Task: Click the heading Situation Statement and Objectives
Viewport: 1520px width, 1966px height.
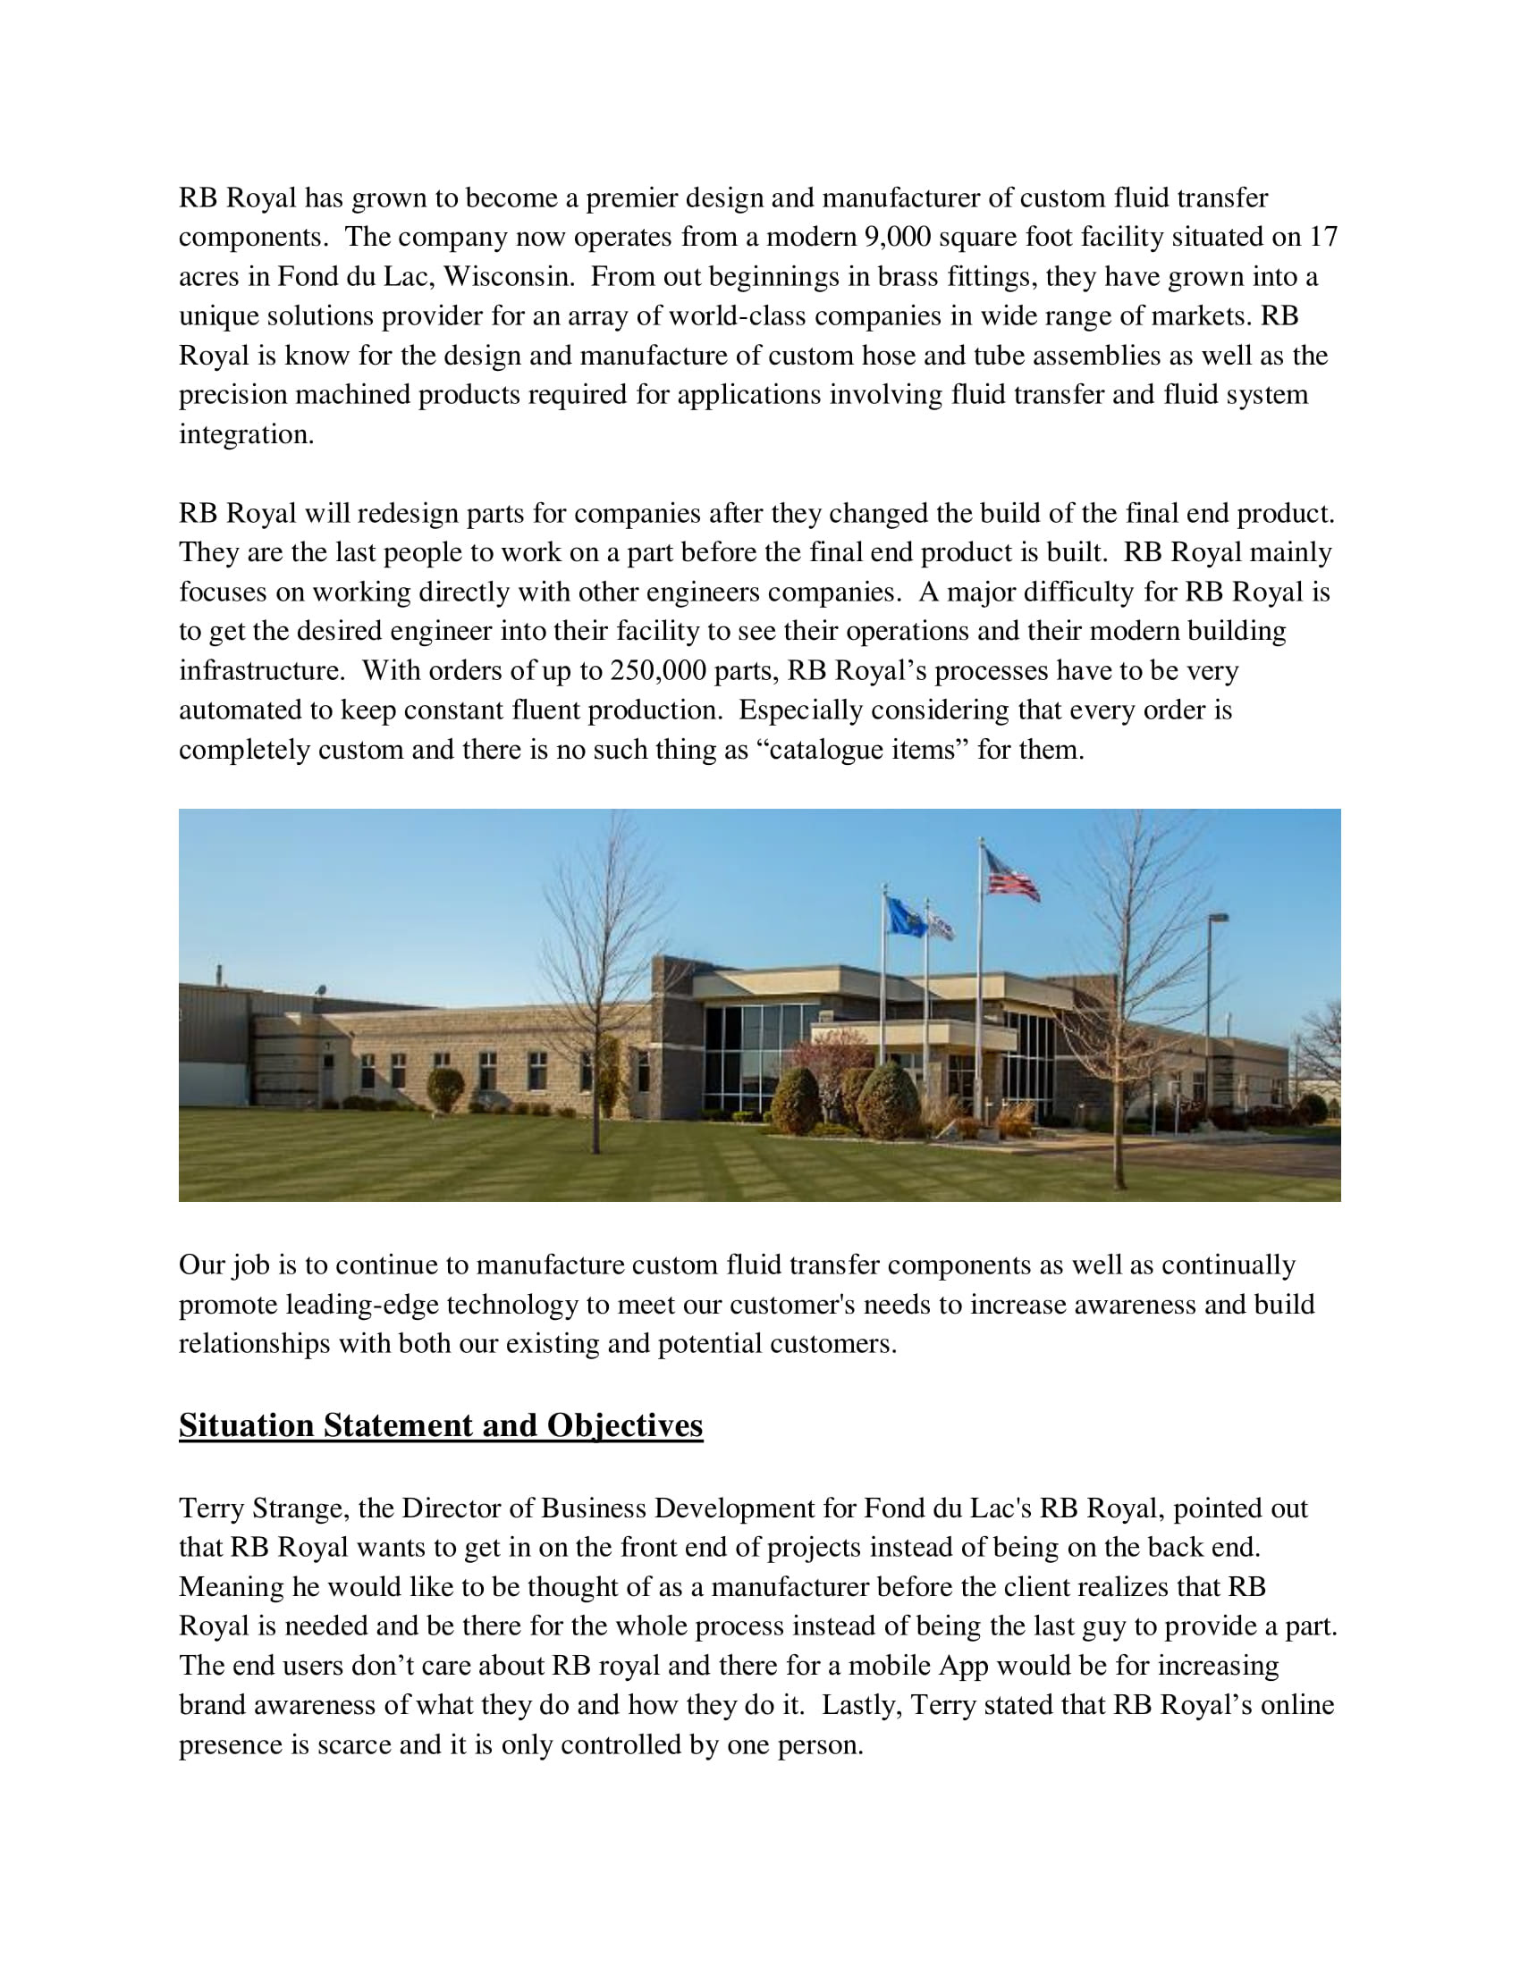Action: [x=440, y=1425]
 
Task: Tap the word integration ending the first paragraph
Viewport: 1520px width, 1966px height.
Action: [x=246, y=435]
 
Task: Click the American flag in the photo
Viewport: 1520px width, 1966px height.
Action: [x=1012, y=873]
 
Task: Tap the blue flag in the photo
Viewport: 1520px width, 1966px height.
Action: [x=904, y=916]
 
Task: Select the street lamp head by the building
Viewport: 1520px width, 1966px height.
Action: [x=1218, y=917]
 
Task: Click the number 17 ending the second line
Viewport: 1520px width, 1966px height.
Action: [x=1322, y=237]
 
